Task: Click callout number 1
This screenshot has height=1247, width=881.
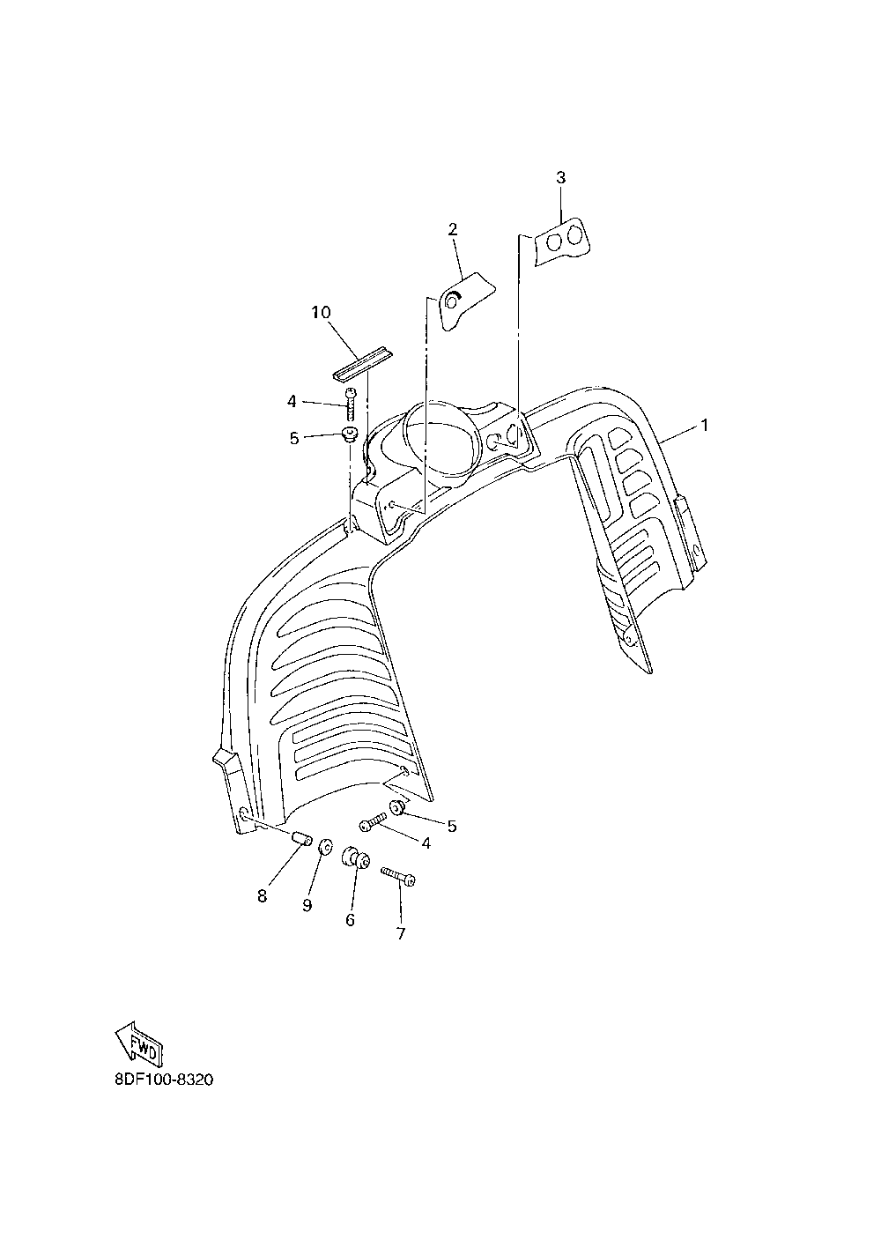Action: tap(704, 425)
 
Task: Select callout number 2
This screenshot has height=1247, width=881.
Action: tap(453, 230)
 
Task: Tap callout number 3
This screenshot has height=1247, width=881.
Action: tap(561, 177)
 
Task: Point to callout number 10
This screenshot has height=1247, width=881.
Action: tap(320, 312)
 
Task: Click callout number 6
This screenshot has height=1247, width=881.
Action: tap(350, 919)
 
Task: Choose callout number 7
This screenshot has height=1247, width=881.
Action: tap(401, 933)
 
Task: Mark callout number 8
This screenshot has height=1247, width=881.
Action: tap(262, 896)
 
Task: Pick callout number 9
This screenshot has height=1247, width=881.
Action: tap(307, 905)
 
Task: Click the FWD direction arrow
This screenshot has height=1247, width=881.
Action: tap(138, 1045)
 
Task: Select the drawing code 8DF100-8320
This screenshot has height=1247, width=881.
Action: tap(165, 1080)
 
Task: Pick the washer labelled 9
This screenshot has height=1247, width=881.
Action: tap(325, 846)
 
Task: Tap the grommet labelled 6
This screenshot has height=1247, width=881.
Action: tap(354, 857)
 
